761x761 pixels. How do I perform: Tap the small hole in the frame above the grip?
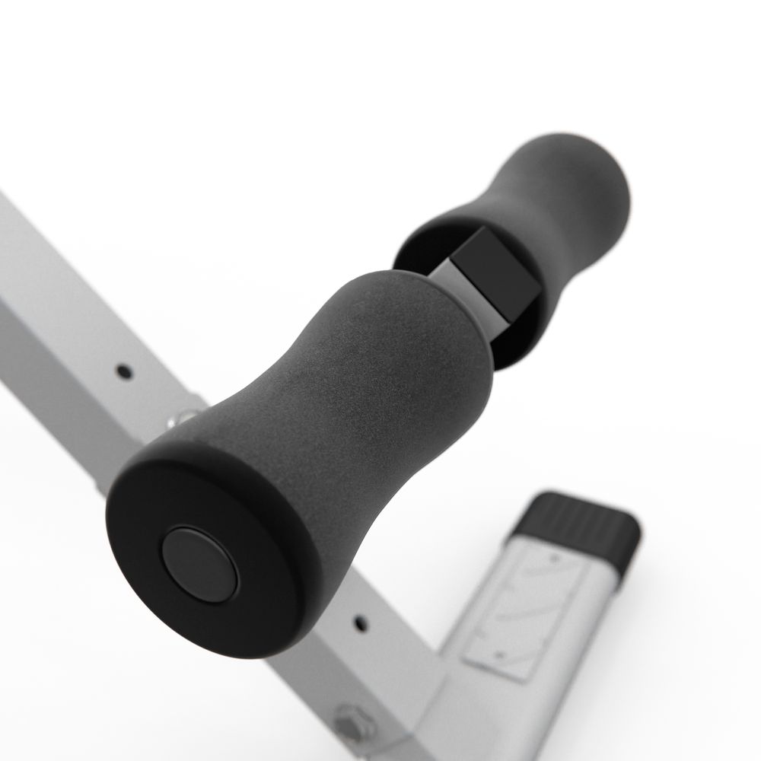click(x=122, y=372)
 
